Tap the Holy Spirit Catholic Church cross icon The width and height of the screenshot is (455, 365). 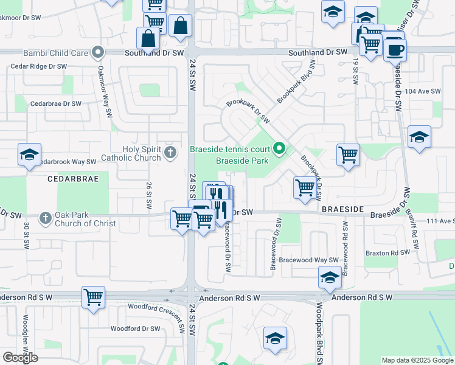click(x=170, y=153)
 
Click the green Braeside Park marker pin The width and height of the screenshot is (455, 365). click(x=279, y=148)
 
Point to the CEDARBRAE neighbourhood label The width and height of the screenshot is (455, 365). click(x=71, y=179)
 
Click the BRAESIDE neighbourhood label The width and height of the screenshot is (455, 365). click(x=342, y=209)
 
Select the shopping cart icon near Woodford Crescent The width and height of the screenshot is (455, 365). click(x=93, y=297)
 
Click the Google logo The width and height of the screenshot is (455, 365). click(x=20, y=358)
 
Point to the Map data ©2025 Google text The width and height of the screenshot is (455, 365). click(x=417, y=360)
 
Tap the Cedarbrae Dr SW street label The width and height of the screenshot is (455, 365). click(x=56, y=104)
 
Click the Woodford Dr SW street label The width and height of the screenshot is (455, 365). click(x=135, y=328)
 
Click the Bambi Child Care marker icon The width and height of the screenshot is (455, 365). click(x=98, y=53)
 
